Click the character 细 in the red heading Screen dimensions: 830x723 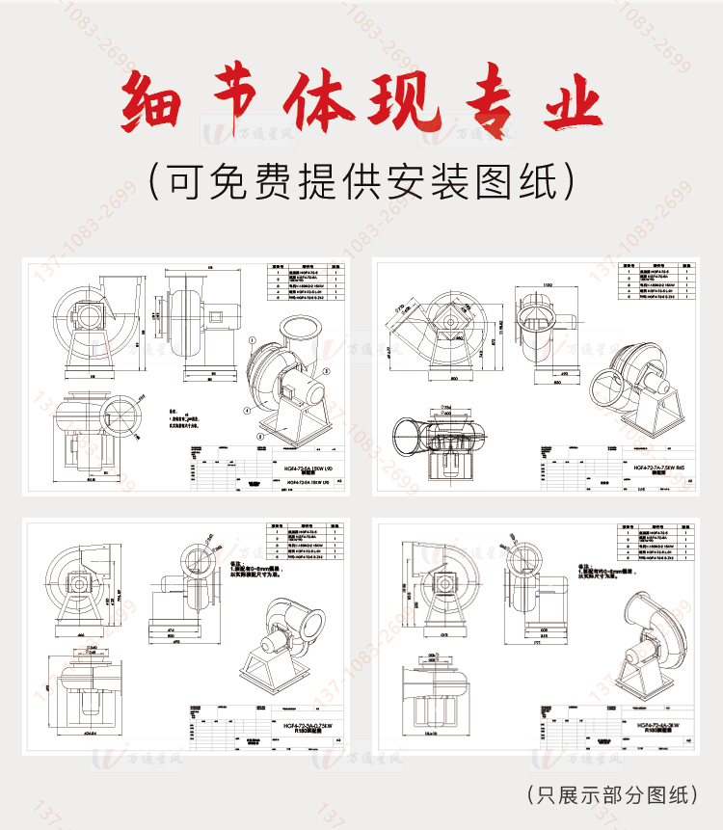pyautogui.click(x=155, y=104)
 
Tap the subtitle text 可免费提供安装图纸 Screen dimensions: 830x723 pyautogui.click(x=361, y=179)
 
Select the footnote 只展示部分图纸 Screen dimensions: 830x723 pyautogui.click(x=613, y=794)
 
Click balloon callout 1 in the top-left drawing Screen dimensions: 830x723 pyautogui.click(x=253, y=339)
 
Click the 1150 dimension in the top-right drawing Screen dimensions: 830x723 pyautogui.click(x=547, y=285)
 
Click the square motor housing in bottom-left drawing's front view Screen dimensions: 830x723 pyautogui.click(x=80, y=582)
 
